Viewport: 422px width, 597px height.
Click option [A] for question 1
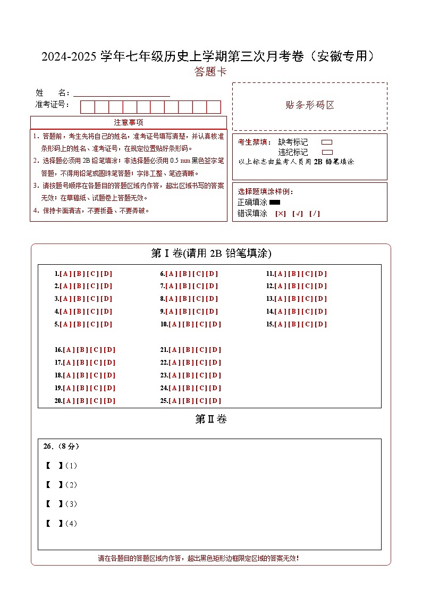65,274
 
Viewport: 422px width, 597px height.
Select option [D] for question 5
107,324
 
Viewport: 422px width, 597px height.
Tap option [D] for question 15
321,324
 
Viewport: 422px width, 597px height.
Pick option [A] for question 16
69,350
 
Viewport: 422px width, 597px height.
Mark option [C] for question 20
96,401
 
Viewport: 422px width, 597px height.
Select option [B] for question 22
188,363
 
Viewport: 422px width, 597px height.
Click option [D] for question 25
215,401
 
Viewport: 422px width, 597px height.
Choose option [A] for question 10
174,324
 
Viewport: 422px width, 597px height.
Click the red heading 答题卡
210,72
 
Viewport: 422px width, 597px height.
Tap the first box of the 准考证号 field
87,107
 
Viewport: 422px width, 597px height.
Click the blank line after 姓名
122,93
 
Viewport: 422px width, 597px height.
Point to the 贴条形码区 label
310,105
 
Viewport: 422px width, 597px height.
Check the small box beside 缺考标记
327,142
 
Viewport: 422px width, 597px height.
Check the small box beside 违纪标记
327,152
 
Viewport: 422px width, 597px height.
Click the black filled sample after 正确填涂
275,202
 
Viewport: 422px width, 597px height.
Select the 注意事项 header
128,122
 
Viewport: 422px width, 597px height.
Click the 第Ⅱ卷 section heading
210,419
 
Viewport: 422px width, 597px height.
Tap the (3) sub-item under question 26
71,504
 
